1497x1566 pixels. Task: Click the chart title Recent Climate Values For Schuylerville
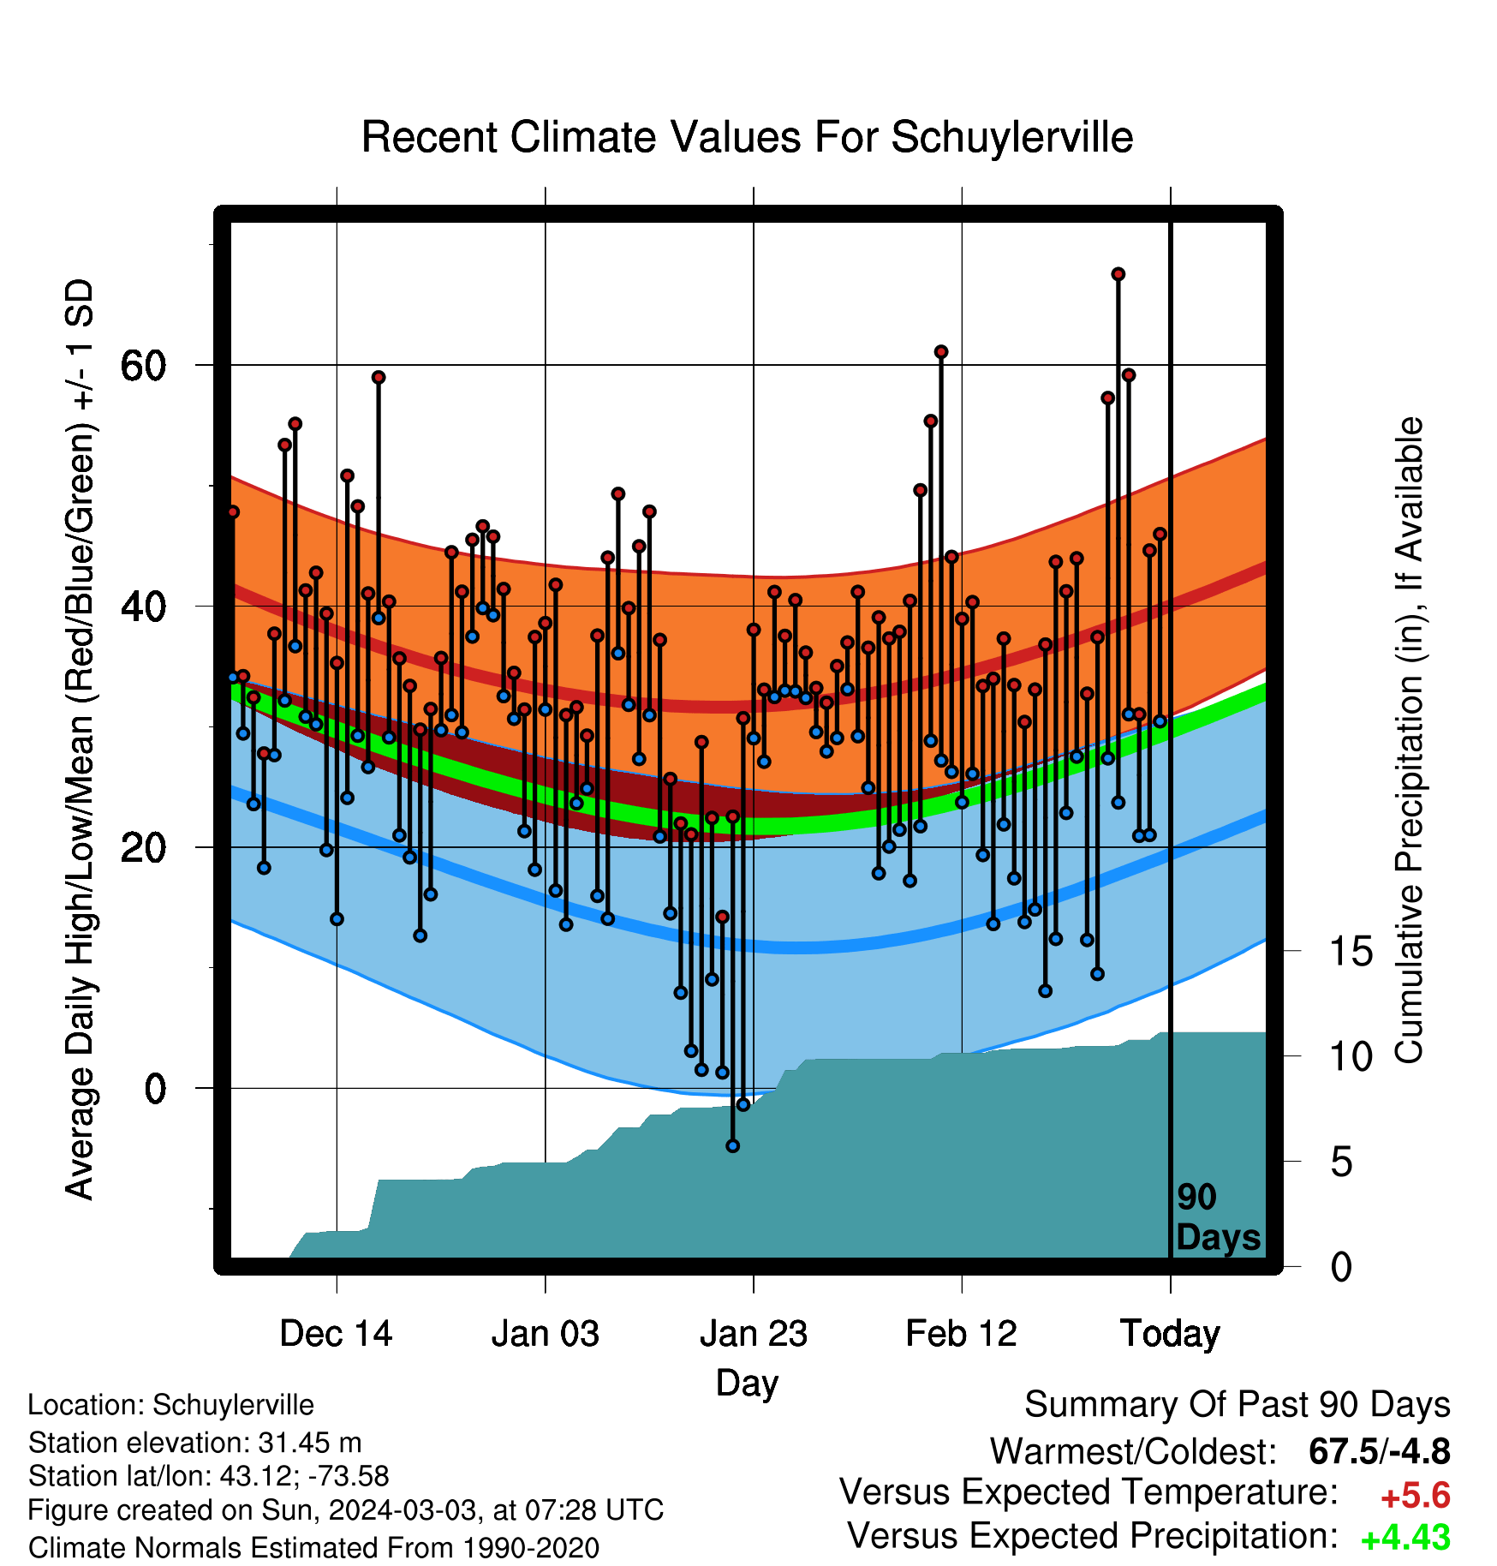747,138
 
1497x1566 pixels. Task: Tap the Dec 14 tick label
336,1333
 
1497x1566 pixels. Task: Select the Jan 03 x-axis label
545,1333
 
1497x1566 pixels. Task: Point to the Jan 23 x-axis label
754,1333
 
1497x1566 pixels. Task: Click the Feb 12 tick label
961,1333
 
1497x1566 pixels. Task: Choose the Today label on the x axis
1170,1334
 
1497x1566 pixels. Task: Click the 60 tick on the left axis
143,366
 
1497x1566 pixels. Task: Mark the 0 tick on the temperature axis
155,1089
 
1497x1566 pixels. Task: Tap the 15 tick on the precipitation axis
1351,951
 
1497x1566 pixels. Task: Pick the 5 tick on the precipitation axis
1341,1163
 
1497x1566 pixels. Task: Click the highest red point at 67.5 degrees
1118,274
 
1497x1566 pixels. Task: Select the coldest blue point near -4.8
732,1145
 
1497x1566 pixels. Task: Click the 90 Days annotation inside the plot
1218,1217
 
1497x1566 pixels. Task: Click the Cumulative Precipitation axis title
1409,741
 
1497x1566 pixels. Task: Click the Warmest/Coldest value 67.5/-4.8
1380,1452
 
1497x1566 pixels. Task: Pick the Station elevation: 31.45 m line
195,1443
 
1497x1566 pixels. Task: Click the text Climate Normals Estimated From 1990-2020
313,1548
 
